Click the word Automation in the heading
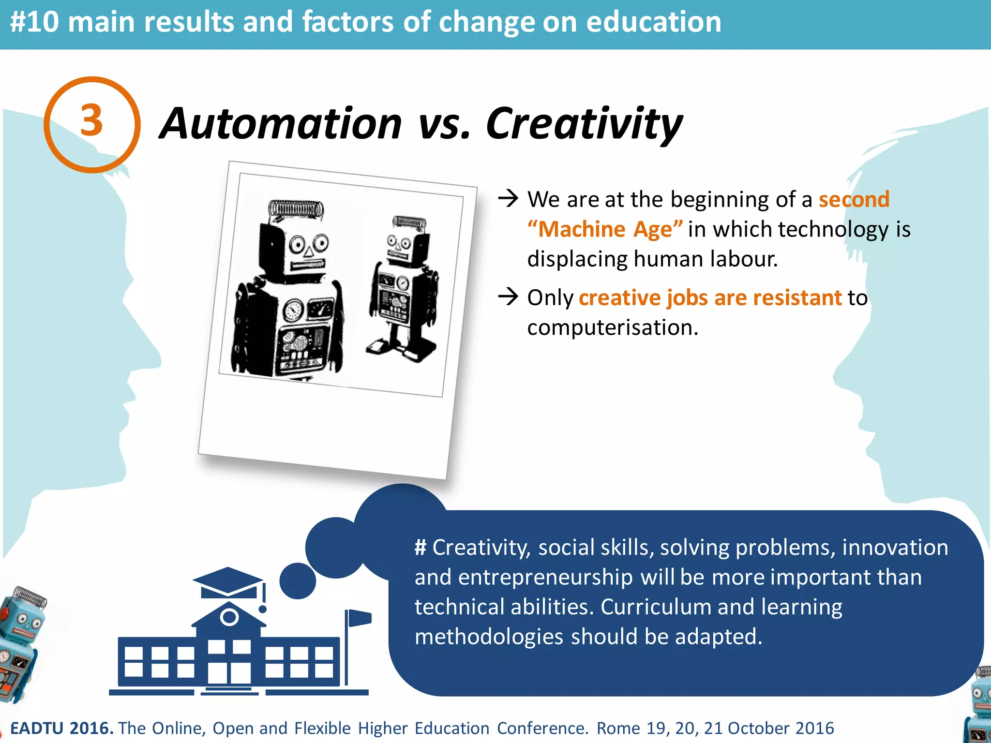281,124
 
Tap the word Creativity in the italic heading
584,124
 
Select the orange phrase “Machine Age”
605,229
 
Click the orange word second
854,199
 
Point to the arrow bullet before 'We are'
508,198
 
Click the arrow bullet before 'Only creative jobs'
508,297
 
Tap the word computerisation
612,328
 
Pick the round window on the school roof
229,617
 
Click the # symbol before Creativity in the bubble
420,548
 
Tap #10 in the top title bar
34,22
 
